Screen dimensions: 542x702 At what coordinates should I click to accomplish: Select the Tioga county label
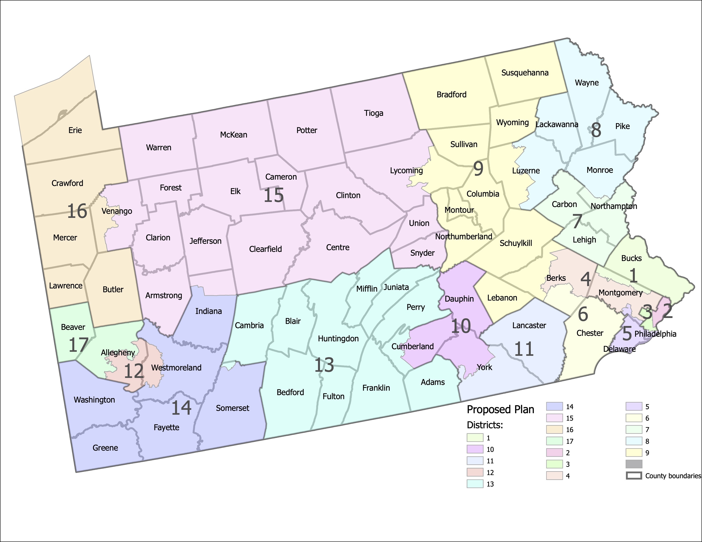click(x=374, y=113)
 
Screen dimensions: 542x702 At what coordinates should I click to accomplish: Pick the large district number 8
click(x=596, y=130)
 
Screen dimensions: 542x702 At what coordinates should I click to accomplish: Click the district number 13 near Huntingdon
click(x=324, y=365)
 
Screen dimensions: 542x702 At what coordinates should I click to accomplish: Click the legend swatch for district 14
click(x=554, y=406)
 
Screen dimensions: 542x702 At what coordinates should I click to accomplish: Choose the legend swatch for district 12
click(x=475, y=472)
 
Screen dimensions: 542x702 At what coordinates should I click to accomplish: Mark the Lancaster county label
click(x=529, y=325)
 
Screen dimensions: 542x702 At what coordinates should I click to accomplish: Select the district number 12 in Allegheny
click(x=134, y=372)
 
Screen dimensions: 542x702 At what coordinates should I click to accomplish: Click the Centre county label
click(x=338, y=247)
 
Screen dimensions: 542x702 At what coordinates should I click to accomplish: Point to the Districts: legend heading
click(x=485, y=425)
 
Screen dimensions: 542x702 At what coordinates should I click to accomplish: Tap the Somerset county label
click(x=232, y=408)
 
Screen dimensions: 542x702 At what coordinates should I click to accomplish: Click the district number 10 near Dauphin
click(x=461, y=326)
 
